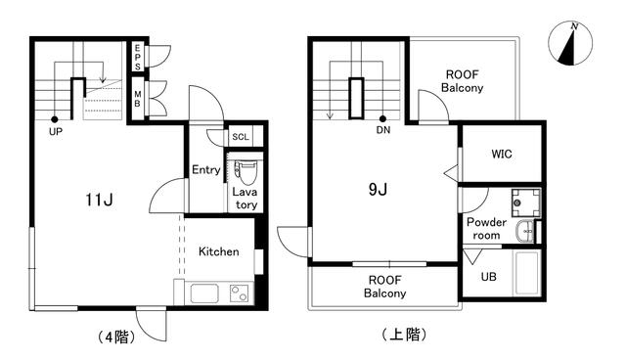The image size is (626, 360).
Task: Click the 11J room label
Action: [x=99, y=200]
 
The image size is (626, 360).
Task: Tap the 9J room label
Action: [x=378, y=189]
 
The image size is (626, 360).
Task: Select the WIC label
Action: [x=502, y=154]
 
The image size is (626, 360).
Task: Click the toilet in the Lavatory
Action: [x=245, y=172]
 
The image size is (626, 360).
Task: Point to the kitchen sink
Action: [x=204, y=293]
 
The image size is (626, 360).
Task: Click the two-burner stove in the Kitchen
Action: [x=239, y=293]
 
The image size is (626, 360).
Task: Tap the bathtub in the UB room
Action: [x=527, y=273]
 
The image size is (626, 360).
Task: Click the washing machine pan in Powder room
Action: [x=526, y=202]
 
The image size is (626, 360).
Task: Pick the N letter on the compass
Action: [x=574, y=26]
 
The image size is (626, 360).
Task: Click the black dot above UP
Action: [x=55, y=119]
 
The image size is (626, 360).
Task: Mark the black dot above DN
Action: [x=382, y=118]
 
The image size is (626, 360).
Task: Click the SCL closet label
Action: [x=241, y=137]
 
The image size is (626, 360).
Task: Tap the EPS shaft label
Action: [x=137, y=57]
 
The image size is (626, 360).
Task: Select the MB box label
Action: [x=137, y=99]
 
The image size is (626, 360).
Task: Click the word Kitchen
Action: [x=219, y=251]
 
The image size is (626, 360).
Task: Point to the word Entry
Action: [x=206, y=170]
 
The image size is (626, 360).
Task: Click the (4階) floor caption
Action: [x=116, y=337]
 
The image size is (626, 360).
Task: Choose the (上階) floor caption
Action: [x=404, y=334]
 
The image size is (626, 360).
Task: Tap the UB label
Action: [x=489, y=277]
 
